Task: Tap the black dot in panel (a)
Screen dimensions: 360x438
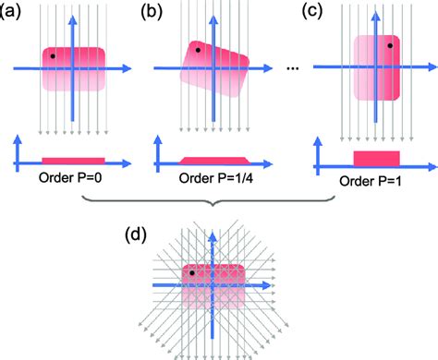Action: (54, 56)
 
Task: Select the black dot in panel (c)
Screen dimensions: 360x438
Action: (391, 44)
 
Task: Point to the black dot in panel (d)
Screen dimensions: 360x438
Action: (192, 273)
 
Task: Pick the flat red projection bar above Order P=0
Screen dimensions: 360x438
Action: (73, 161)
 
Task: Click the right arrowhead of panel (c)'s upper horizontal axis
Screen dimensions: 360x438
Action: (430, 67)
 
